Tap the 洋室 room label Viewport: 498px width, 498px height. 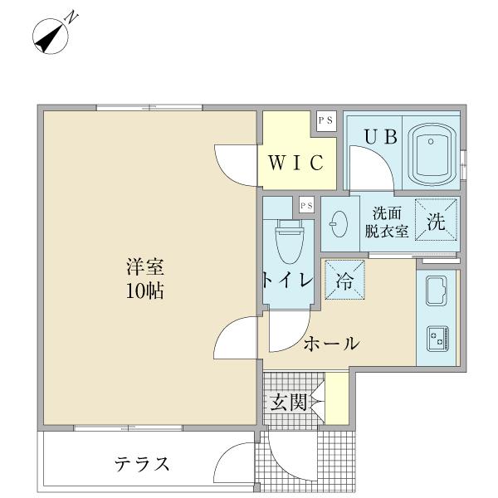[x=144, y=268]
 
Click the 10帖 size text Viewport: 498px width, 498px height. [x=144, y=291]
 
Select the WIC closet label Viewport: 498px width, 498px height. [x=295, y=163]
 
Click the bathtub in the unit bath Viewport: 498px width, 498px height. [x=435, y=153]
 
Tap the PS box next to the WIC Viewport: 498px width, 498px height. [x=325, y=120]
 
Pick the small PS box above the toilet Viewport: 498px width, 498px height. [x=305, y=203]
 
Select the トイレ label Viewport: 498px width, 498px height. [x=286, y=281]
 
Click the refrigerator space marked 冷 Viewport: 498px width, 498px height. [x=343, y=280]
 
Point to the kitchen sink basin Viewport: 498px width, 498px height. [x=436, y=291]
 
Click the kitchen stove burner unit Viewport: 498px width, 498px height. [x=436, y=337]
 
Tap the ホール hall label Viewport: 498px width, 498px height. [x=330, y=343]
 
